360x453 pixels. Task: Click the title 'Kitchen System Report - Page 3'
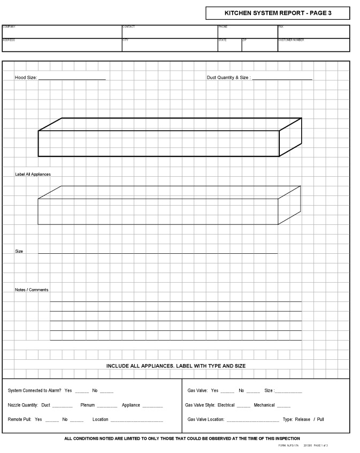click(278, 13)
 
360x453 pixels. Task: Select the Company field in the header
click(62, 33)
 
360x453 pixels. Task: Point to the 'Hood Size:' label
click(26, 78)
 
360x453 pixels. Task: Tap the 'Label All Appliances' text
click(33, 175)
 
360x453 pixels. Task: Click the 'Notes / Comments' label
click(32, 290)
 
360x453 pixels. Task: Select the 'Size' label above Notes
click(19, 251)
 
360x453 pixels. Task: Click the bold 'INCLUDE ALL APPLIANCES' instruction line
click(176, 366)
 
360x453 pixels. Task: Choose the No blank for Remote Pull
click(76, 420)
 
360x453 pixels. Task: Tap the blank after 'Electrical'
click(243, 406)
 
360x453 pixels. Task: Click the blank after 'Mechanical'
click(284, 406)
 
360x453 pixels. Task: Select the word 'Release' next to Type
click(302, 419)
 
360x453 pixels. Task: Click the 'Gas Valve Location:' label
click(206, 419)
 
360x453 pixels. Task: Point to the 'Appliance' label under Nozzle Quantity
click(131, 405)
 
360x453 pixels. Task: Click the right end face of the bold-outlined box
click(290, 137)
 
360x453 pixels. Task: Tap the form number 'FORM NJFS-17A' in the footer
click(289, 446)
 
